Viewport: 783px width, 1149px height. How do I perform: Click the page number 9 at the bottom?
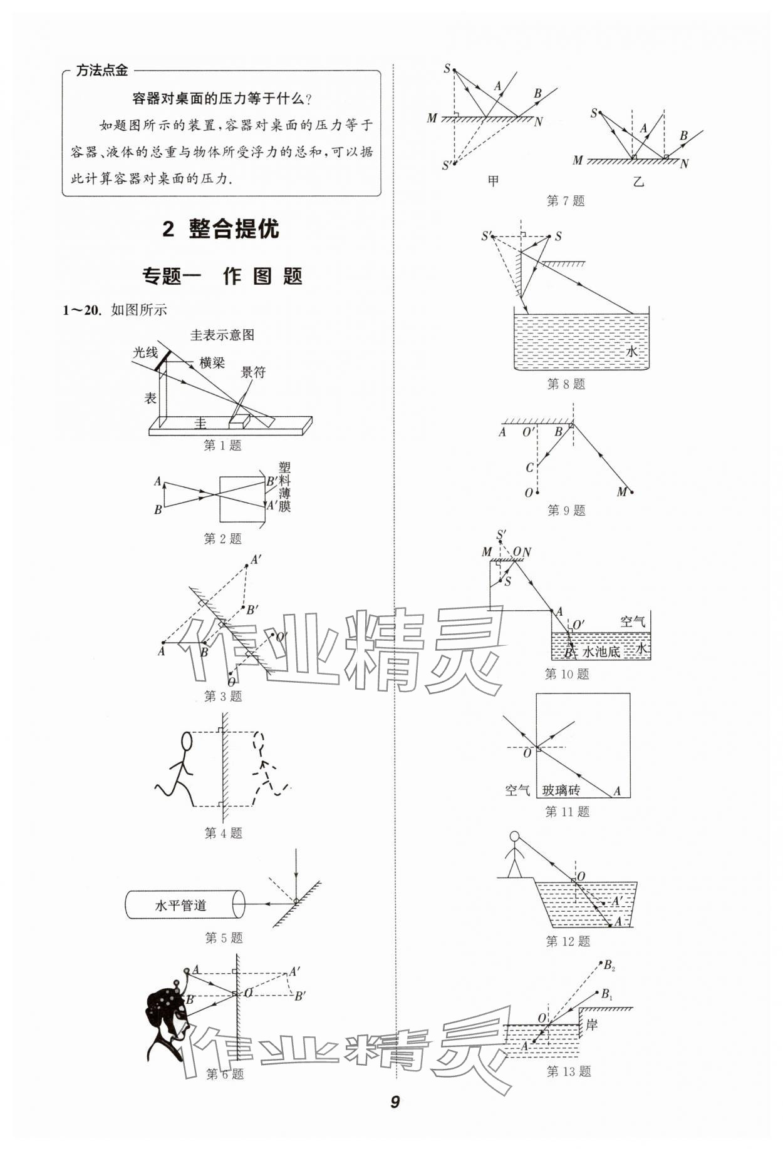(395, 1102)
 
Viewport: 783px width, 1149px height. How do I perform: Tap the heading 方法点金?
(101, 71)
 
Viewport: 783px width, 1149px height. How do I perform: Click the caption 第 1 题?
(222, 446)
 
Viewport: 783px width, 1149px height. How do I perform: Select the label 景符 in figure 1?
(253, 372)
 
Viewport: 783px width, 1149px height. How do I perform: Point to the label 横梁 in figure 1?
(212, 362)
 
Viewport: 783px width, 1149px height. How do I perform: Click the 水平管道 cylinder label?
(180, 906)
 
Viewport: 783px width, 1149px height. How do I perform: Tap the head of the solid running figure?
(186, 742)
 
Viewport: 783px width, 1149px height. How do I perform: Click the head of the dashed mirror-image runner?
(258, 742)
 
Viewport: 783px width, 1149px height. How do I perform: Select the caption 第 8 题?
(566, 384)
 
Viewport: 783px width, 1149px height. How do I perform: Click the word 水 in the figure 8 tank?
(631, 352)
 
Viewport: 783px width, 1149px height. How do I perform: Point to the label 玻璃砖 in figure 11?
(561, 790)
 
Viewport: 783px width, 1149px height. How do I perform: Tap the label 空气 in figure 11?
(517, 790)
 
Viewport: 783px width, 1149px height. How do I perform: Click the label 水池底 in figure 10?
(601, 652)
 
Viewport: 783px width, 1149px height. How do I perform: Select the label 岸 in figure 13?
(591, 1024)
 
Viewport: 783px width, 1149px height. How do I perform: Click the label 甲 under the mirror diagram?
(493, 181)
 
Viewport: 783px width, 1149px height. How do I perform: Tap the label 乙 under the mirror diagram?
(638, 181)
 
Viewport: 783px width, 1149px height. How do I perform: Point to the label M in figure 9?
(621, 492)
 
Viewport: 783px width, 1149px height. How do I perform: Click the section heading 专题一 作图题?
(222, 276)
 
